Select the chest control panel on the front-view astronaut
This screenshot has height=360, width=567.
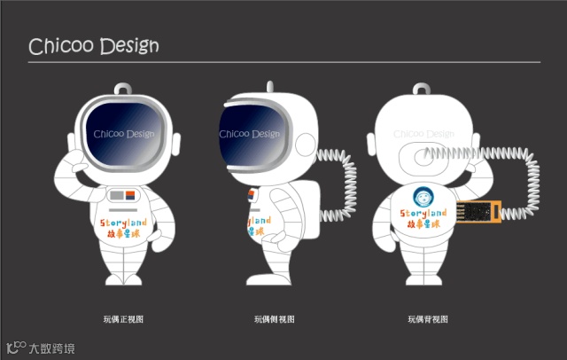122,192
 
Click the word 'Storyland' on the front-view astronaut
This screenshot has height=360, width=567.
122,217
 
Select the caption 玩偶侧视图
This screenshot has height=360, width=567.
274,318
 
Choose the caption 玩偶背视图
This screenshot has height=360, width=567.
428,318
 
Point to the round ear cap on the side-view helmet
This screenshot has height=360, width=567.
300,143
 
